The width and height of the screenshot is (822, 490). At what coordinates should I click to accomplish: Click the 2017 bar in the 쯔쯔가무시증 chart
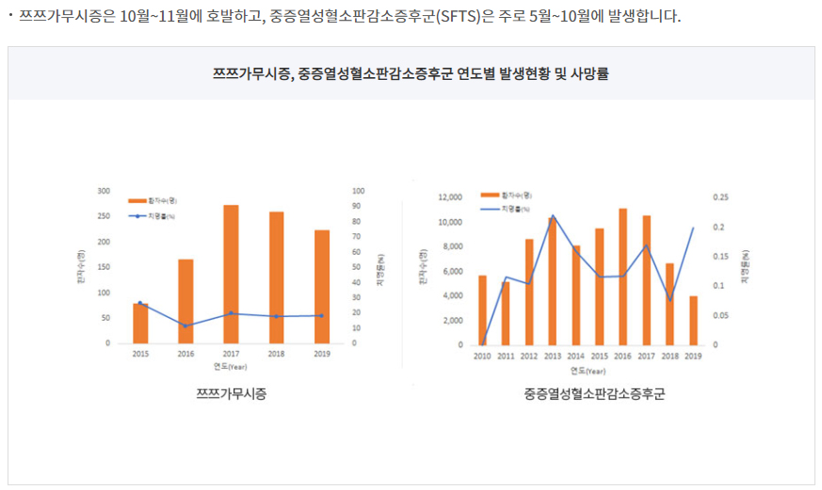[231, 274]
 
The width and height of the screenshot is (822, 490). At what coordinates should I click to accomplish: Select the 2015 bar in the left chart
[140, 323]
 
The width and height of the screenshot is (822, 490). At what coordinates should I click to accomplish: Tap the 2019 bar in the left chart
[322, 286]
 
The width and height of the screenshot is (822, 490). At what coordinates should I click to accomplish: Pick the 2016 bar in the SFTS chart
[623, 277]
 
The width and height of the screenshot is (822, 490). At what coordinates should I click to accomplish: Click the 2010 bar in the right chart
[482, 309]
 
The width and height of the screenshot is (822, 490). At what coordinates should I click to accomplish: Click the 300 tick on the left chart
[103, 191]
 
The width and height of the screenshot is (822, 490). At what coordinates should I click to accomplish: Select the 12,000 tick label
[451, 198]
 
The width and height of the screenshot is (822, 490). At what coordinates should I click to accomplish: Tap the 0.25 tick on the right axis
[721, 198]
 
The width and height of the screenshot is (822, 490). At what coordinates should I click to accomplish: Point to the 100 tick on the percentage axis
[358, 191]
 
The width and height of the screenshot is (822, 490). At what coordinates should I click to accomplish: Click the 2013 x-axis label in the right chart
[552, 356]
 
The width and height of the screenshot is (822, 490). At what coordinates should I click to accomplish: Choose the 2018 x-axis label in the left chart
[276, 354]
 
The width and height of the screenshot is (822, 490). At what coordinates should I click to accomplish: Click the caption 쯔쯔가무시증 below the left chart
[231, 393]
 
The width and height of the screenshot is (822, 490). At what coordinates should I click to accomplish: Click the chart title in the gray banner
[411, 73]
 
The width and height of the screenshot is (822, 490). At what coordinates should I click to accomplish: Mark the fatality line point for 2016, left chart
[185, 325]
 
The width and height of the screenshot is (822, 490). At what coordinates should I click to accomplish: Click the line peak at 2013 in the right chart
[553, 216]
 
